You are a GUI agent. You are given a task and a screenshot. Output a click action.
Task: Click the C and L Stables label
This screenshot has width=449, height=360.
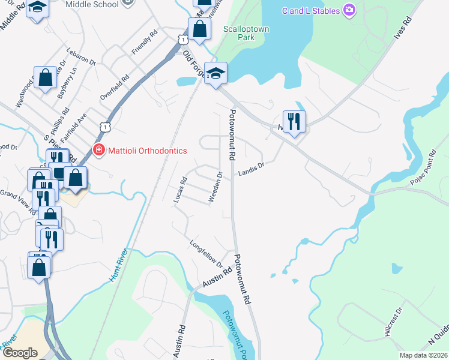[x=310, y=10]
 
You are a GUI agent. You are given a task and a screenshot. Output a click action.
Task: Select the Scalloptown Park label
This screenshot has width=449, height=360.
[x=247, y=33]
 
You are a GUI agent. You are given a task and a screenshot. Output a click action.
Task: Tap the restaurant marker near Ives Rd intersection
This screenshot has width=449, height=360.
[x=294, y=121]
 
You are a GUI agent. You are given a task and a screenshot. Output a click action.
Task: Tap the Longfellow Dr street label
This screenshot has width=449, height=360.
[x=206, y=255]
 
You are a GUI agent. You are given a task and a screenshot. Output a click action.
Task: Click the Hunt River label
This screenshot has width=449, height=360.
[x=120, y=267]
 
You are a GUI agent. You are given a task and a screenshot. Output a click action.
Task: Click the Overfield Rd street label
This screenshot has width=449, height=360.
[x=115, y=87]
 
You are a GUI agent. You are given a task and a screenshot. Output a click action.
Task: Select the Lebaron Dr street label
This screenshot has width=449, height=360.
[x=82, y=56]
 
